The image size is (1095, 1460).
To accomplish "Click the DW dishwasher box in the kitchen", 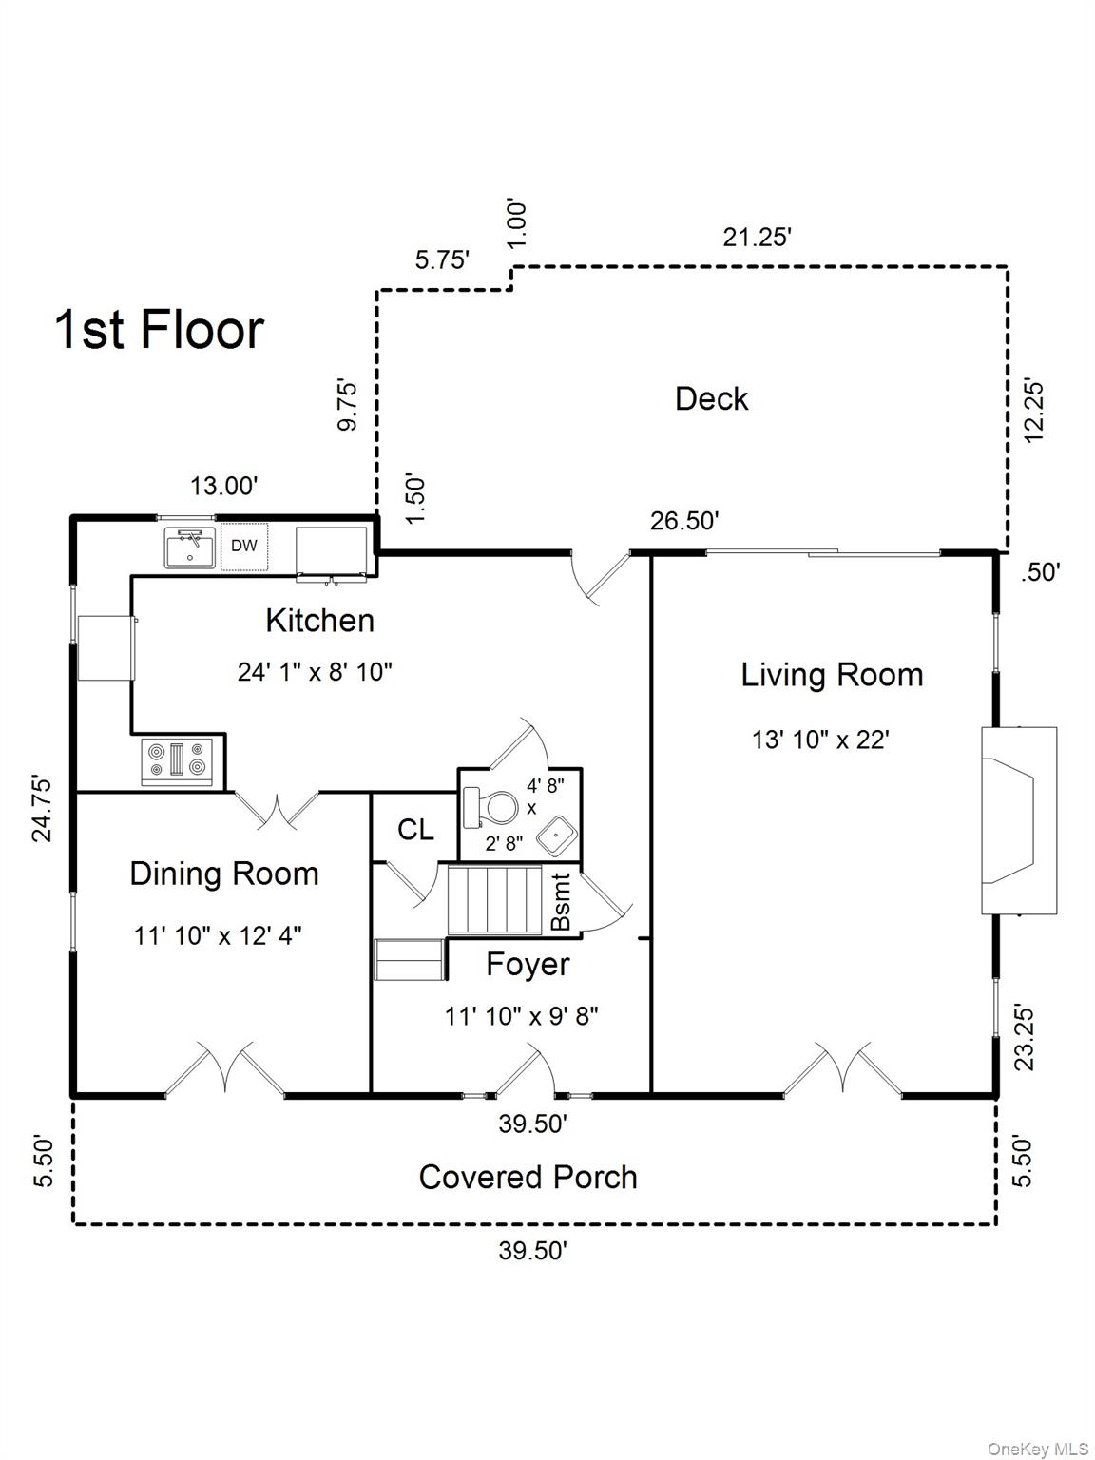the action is (244, 547).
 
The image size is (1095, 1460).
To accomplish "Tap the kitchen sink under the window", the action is (190, 547).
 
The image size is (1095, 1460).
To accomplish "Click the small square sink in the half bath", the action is (556, 836).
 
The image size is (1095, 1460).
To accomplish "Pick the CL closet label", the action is (415, 830).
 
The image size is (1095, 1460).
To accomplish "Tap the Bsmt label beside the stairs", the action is (561, 902).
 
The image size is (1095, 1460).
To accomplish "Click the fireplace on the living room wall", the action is (1019, 820).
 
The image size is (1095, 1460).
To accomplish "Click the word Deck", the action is (711, 399).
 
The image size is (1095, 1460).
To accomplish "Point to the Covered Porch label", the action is (528, 1178).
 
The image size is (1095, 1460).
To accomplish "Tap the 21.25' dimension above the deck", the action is (758, 237).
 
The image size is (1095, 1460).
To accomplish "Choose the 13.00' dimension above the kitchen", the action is (224, 487).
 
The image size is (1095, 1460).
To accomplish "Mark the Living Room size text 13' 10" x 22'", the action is (820, 740).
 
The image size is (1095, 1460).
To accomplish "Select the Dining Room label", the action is (224, 874).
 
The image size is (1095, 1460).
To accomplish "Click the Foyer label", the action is (528, 965).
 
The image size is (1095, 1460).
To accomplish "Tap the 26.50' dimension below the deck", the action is (684, 521).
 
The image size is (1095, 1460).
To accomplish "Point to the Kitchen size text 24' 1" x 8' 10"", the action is (316, 672).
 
